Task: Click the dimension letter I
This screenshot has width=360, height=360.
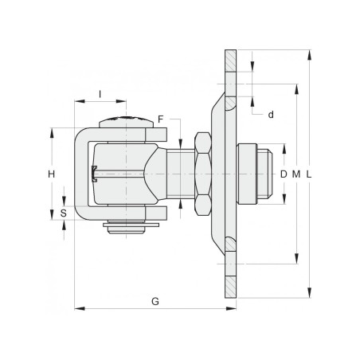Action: tap(100, 94)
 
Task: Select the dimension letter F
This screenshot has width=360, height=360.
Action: tap(160, 119)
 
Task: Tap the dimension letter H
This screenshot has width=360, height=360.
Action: tap(50, 174)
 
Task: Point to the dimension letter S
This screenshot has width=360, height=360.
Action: tap(64, 213)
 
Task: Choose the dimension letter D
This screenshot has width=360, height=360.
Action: tap(284, 174)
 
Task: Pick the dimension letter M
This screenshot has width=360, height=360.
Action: tap(296, 174)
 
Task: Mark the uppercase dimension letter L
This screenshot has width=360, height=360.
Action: tap(309, 174)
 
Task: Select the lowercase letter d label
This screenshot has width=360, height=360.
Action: tap(271, 115)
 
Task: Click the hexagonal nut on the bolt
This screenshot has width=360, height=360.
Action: tap(200, 174)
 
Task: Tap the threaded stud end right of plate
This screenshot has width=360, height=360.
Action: tap(255, 174)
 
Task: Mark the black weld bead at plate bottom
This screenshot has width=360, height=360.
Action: tap(229, 245)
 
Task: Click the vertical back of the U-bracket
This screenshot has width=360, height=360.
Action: tap(80, 174)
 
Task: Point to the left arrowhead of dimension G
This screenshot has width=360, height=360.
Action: tap(77, 307)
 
